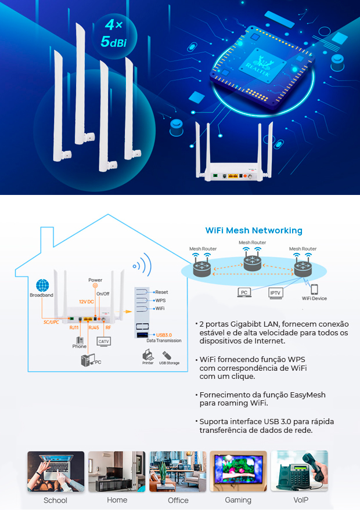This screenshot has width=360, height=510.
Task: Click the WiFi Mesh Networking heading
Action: pos(254,230)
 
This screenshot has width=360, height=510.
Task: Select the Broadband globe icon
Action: pos(42,285)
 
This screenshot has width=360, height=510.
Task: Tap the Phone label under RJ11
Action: pos(79,346)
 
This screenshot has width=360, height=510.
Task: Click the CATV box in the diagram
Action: pos(104,342)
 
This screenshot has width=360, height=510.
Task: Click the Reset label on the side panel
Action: pos(161,292)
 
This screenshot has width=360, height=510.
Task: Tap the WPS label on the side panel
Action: pos(160,301)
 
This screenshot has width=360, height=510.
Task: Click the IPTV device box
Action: pos(276,293)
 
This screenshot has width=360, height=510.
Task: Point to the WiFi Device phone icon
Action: pos(314,290)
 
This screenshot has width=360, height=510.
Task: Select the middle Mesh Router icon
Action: pos(253,261)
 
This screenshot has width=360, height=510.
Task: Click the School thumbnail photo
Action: pos(56,472)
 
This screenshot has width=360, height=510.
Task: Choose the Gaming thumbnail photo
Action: pos(238,472)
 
